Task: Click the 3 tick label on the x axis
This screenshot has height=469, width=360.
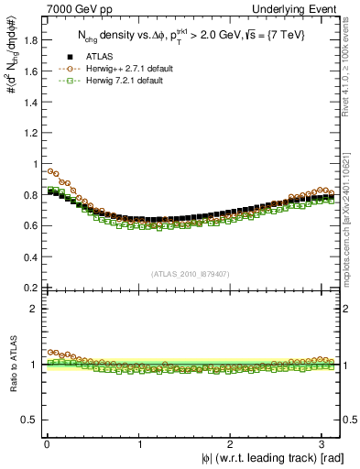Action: (325, 444)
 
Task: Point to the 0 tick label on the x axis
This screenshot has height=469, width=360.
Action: (47, 444)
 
